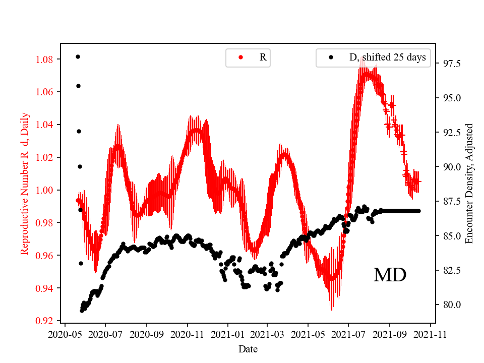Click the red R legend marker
(x=240, y=57)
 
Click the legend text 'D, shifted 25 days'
(x=387, y=57)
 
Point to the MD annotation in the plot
(x=390, y=275)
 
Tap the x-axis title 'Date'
(x=248, y=348)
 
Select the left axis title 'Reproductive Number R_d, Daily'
(x=24, y=183)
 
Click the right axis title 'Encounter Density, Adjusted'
(x=469, y=183)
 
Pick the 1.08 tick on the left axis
(x=45, y=59)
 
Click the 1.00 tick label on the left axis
(x=45, y=190)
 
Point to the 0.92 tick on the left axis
(x=45, y=321)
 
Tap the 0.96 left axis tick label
(x=45, y=256)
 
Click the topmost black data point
(x=78, y=56)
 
